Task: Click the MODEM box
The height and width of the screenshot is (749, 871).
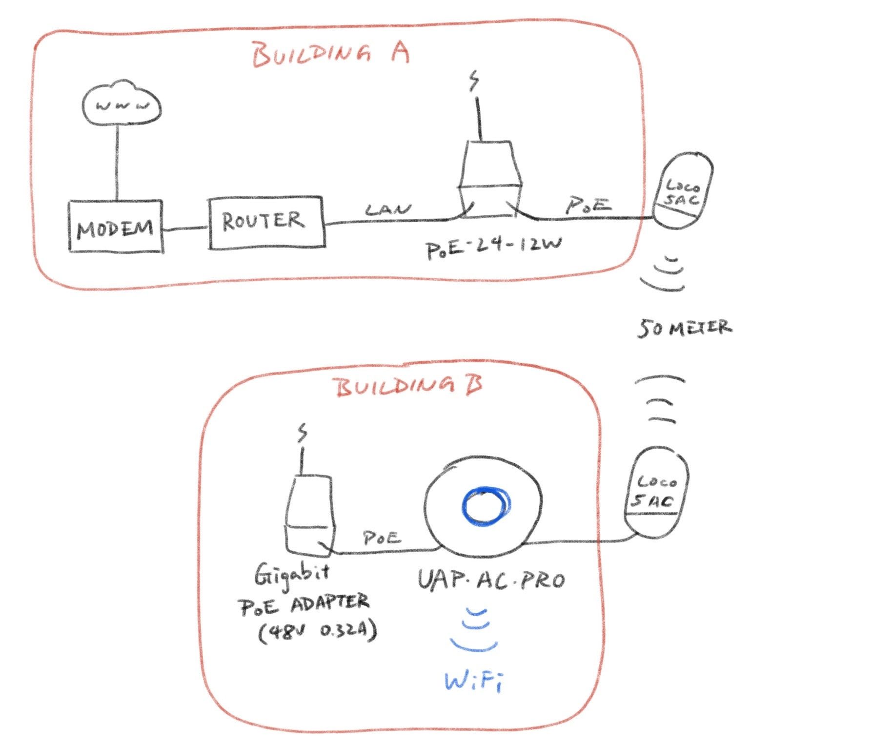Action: click(x=115, y=227)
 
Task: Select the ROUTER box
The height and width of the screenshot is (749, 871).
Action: click(x=266, y=223)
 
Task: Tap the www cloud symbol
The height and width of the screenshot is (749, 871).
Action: click(x=122, y=104)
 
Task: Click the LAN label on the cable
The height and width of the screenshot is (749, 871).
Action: click(x=388, y=210)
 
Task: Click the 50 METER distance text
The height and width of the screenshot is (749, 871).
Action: click(x=685, y=328)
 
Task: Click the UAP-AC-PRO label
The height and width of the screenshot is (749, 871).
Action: click(x=491, y=581)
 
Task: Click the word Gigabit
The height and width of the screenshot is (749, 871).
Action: click(x=291, y=575)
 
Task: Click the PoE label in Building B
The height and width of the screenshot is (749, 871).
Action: click(x=382, y=538)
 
